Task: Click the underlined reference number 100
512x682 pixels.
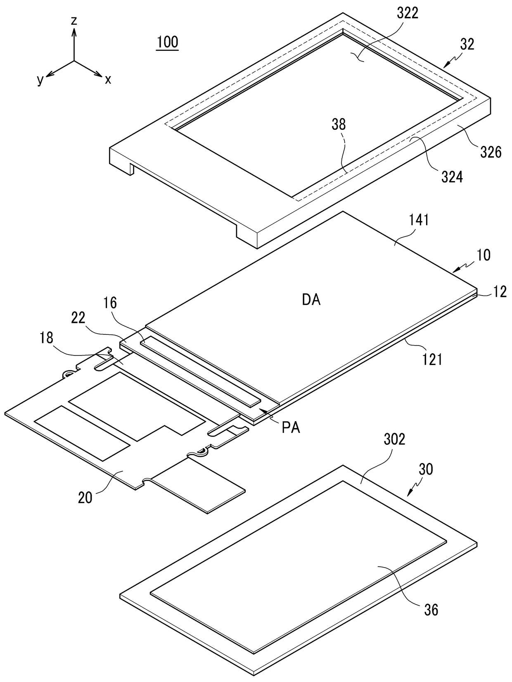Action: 168,42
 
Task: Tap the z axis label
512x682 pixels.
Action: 74,21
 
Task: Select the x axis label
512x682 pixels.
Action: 108,80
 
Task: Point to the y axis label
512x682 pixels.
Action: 40,81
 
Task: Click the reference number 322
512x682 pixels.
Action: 408,13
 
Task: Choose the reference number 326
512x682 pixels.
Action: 491,152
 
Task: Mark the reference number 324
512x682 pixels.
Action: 452,176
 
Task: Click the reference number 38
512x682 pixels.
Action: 338,124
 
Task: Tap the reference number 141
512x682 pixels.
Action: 419,220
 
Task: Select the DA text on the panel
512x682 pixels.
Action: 311,300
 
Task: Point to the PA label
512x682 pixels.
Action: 291,428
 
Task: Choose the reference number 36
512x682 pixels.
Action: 431,610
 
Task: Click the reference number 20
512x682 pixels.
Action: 85,498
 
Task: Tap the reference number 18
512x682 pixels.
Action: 47,338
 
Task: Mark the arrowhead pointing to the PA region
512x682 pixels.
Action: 262,411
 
